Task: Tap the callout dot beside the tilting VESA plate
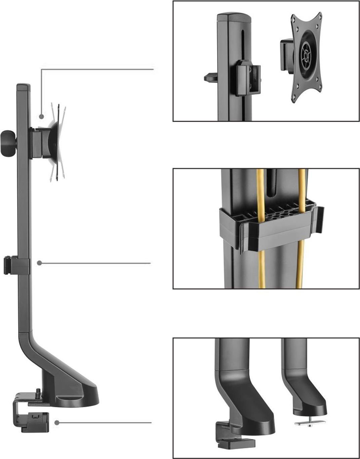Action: click(x=41, y=117)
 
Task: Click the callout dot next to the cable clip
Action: click(x=39, y=263)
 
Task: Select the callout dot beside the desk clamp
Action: click(x=57, y=422)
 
